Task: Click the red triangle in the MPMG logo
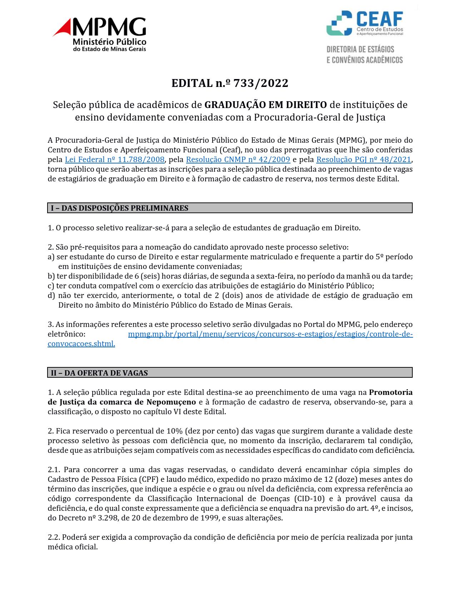[x=63, y=28]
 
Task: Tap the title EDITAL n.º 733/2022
[x=230, y=83]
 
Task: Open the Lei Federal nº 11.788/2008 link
[x=115, y=160]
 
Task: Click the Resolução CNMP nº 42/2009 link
[x=238, y=160]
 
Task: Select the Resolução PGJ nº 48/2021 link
[x=364, y=160]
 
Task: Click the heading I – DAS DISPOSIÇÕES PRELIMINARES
[x=120, y=208]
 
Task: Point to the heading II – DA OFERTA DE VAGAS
[x=99, y=373]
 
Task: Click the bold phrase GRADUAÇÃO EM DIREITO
[x=265, y=105]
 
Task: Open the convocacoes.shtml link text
[x=81, y=344]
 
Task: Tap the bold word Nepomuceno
[x=171, y=402]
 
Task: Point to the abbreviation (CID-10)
[x=309, y=499]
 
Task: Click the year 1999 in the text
[x=208, y=518]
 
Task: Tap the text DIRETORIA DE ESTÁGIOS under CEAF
[x=360, y=49]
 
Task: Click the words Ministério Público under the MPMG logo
[x=109, y=42]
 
